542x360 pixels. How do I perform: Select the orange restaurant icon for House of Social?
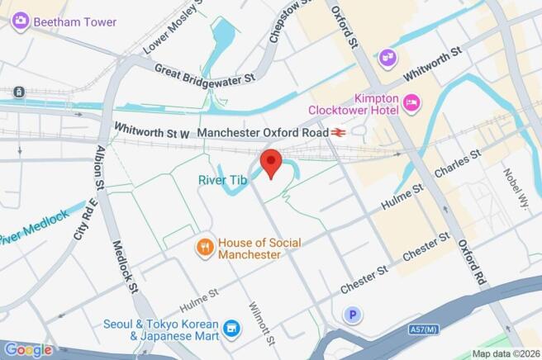[205, 246]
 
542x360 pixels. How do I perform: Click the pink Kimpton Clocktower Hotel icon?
[411, 102]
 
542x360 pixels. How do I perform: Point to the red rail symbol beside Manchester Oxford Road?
[338, 132]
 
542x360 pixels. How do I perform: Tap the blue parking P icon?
[354, 315]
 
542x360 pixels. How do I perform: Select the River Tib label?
[223, 179]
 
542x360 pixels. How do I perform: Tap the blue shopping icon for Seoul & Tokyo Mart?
[233, 329]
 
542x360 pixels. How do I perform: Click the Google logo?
[27, 350]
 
